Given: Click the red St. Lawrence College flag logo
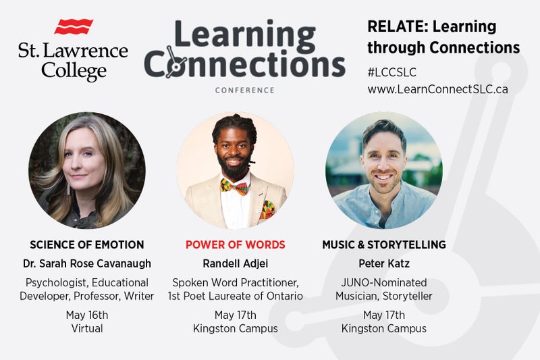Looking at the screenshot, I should [x=74, y=26].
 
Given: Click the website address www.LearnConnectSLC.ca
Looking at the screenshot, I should [x=437, y=88].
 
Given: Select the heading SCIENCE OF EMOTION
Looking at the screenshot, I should [x=86, y=245].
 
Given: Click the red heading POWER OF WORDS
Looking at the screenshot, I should [x=235, y=245].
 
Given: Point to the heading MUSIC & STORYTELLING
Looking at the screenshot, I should [x=383, y=245].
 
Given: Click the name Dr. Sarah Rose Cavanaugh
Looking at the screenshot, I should [x=86, y=263].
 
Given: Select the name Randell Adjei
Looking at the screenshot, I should [x=235, y=263].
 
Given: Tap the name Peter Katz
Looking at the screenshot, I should [x=383, y=263].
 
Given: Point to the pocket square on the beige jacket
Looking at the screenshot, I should [x=267, y=209].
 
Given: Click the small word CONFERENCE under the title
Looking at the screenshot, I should [x=244, y=90].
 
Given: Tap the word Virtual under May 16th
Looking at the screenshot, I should [x=86, y=329].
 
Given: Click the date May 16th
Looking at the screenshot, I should [x=86, y=315].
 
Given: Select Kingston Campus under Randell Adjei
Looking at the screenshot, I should [x=235, y=329].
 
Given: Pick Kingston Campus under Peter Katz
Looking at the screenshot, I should [x=383, y=329].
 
